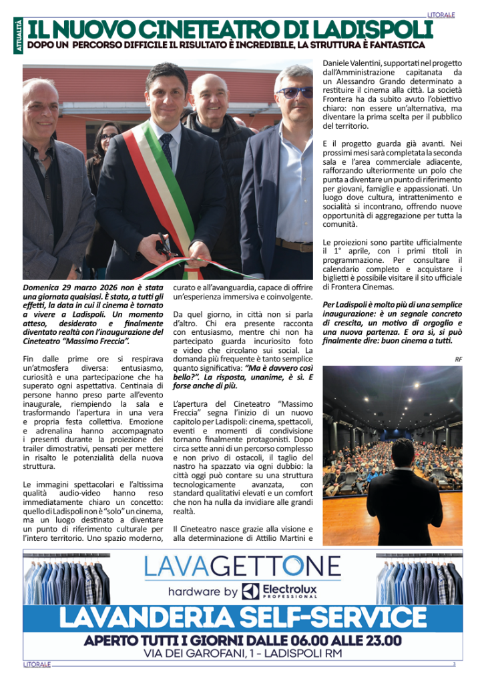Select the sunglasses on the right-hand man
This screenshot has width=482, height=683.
(293, 93)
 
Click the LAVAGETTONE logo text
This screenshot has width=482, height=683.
(242, 568)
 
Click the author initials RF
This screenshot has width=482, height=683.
(458, 359)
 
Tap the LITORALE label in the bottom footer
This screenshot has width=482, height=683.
(37, 664)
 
